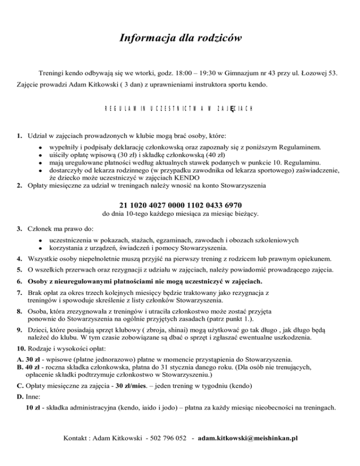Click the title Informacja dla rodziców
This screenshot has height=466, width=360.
(x=180, y=38)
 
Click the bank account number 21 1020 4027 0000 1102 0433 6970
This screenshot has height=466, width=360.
(x=180, y=205)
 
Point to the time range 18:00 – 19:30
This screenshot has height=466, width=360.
(x=203, y=73)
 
